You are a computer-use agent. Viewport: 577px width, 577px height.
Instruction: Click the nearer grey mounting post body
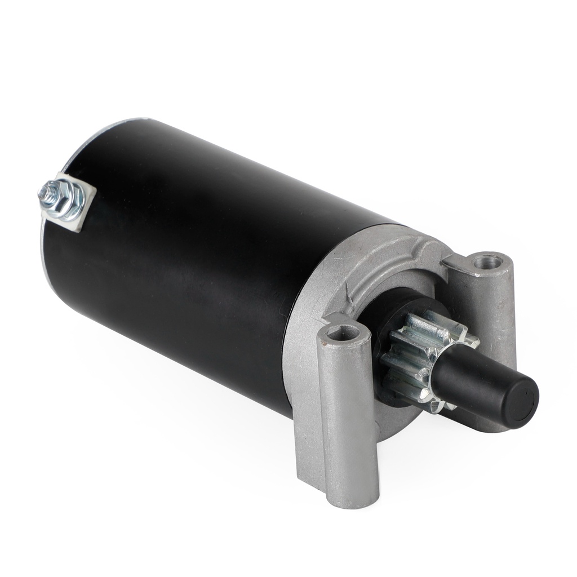point(349,417)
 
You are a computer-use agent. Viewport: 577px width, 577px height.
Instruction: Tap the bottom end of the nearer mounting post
point(352,499)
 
